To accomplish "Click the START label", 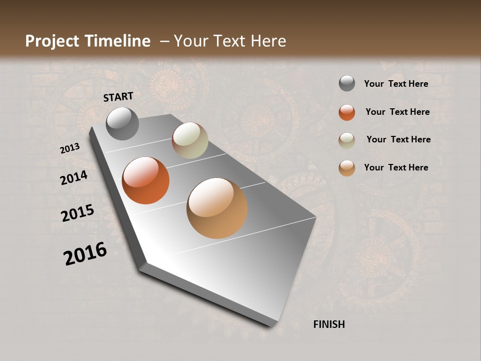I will tap(118, 97).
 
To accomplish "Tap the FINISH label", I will tap(329, 324).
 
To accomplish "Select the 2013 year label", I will tap(70, 148).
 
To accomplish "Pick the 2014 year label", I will tap(74, 177).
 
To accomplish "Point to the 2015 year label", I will tap(78, 213).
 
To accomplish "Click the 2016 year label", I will tap(85, 254).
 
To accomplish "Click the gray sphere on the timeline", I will tap(123, 124).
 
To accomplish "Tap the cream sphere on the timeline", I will tap(190, 140).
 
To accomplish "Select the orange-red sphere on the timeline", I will tap(146, 180).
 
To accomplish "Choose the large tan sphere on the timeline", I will tap(217, 208).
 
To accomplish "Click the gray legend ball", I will tap(347, 84).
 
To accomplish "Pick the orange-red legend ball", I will tap(347, 112).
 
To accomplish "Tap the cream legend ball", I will tap(347, 140).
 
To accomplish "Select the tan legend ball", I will tap(347, 168).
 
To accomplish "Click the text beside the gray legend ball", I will tap(396, 84).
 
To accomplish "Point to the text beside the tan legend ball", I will tap(396, 167).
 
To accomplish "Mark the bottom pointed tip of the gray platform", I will tap(273, 326).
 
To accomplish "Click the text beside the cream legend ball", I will tap(398, 139).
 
